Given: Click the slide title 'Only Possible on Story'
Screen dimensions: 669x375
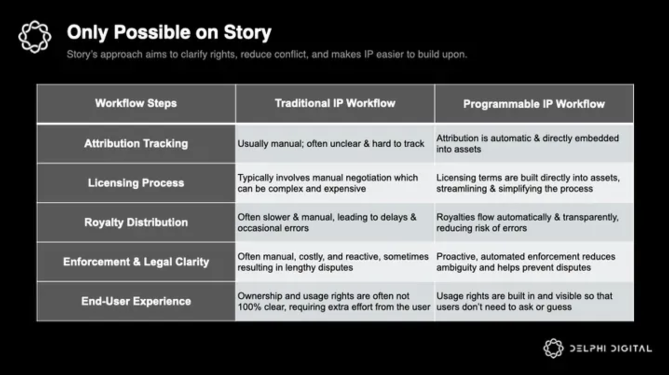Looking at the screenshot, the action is (x=169, y=33).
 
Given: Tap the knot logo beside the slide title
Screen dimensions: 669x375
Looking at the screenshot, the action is (x=34, y=37).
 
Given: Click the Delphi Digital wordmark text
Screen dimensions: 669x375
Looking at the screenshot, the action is (x=611, y=349).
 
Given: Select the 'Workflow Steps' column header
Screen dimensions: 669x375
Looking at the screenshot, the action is (x=136, y=104).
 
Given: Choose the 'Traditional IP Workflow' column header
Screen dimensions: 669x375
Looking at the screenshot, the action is (x=335, y=104).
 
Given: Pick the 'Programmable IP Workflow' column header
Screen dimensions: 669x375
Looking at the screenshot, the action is (x=534, y=104).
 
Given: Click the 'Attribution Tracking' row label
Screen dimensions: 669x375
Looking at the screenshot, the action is (x=136, y=144).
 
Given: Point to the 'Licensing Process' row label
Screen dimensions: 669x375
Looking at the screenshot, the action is (x=136, y=183).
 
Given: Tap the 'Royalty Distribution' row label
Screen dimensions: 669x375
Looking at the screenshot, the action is (x=136, y=222).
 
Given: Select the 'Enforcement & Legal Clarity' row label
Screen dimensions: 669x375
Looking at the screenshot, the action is (x=136, y=262).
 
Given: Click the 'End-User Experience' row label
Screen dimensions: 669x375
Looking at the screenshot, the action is (x=136, y=301).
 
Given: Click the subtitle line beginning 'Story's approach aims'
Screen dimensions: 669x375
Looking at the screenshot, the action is (x=266, y=55).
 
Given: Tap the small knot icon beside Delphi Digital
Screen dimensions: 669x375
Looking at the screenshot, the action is (x=553, y=348).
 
